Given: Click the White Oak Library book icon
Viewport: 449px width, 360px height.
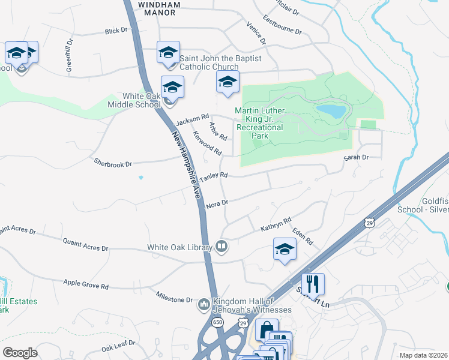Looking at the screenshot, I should click(x=221, y=247).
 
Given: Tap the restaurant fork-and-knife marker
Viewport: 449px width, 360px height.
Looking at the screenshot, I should click(x=313, y=283).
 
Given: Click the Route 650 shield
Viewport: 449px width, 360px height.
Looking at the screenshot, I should click(x=217, y=322).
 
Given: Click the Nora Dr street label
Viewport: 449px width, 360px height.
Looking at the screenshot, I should click(x=217, y=204).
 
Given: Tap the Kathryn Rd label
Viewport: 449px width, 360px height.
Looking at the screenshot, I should click(x=276, y=225).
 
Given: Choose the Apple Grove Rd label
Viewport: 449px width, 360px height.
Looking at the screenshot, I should click(x=86, y=284).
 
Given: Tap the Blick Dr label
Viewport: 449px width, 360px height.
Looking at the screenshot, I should click(x=116, y=30).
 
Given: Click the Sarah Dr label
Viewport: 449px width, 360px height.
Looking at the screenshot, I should click(x=355, y=157).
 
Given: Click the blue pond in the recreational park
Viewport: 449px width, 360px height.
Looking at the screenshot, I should click(x=331, y=111).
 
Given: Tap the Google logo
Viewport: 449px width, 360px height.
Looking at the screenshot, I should click(x=20, y=353).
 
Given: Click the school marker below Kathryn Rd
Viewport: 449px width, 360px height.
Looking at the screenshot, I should click(x=285, y=249).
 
